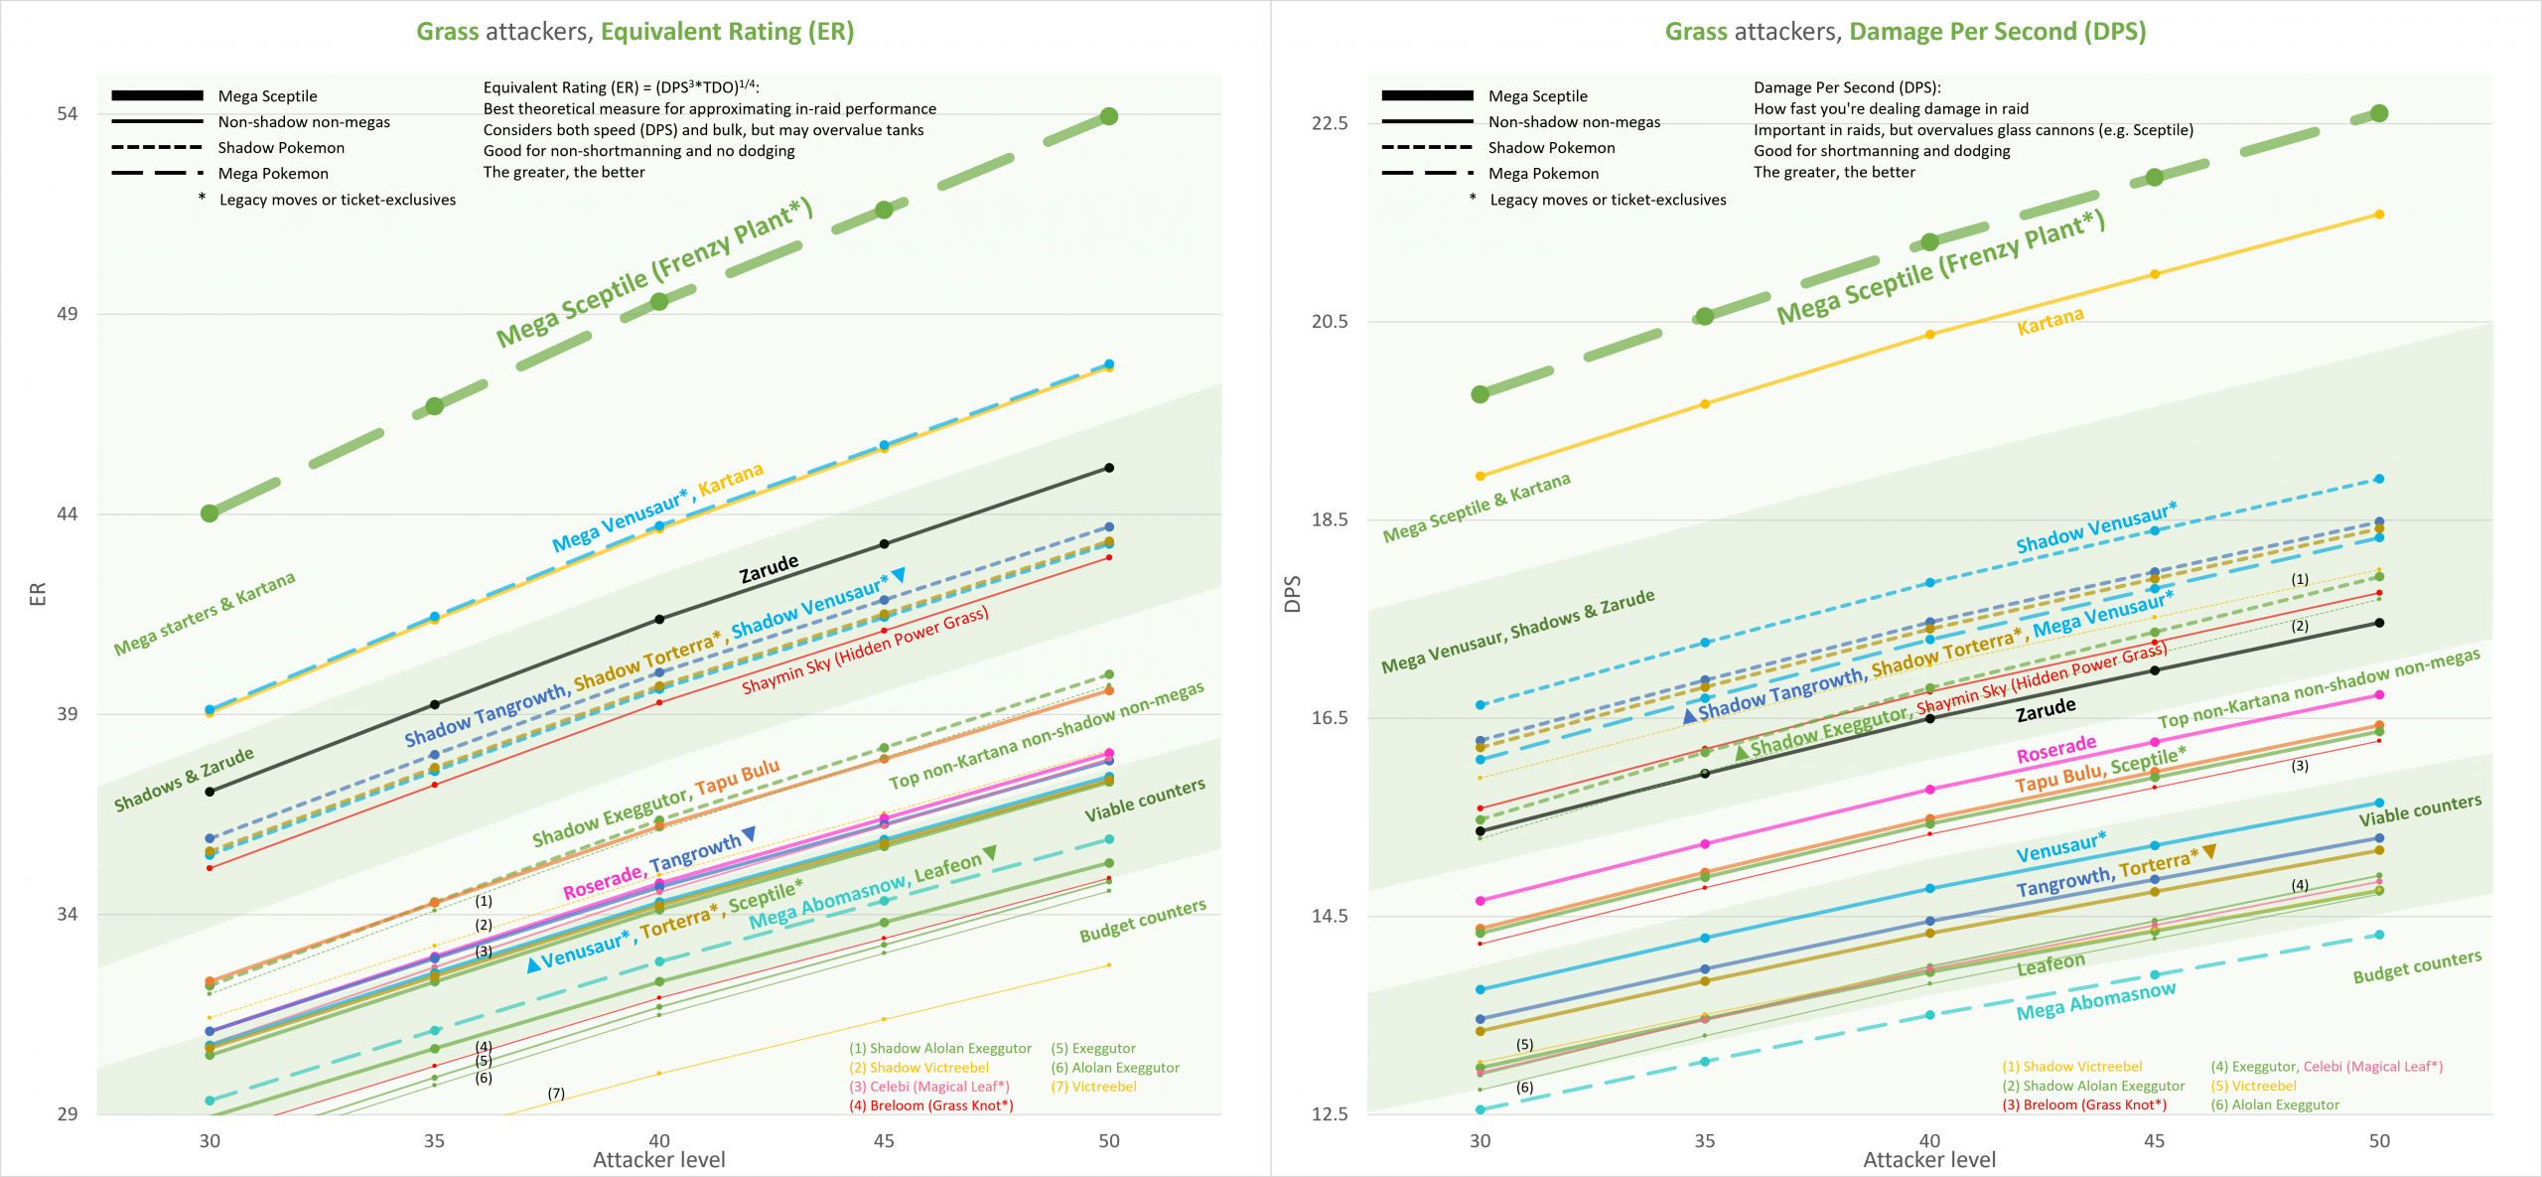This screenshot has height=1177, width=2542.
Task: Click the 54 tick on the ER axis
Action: (x=67, y=114)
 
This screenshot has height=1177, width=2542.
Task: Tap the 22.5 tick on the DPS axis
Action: (x=1330, y=123)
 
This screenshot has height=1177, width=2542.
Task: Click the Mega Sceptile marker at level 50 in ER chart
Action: (x=1109, y=116)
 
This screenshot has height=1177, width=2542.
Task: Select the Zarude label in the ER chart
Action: (x=769, y=569)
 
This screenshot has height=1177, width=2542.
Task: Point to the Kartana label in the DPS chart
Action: (x=2049, y=321)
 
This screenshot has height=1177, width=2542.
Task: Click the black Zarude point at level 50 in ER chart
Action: (x=1109, y=468)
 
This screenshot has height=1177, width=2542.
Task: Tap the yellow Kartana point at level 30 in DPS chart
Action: (x=1481, y=477)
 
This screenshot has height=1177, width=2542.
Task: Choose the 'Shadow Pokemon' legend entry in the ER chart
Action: (x=281, y=148)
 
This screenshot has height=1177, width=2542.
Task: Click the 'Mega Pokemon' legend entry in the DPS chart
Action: (x=1543, y=174)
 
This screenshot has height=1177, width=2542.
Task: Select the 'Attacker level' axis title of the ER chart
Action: (x=658, y=1160)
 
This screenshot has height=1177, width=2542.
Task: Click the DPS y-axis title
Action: (x=1292, y=594)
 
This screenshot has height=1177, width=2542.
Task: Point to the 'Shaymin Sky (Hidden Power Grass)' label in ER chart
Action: (x=865, y=651)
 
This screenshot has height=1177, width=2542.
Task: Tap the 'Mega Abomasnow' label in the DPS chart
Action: (x=2095, y=1000)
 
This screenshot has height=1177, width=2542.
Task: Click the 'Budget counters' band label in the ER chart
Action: (x=1143, y=921)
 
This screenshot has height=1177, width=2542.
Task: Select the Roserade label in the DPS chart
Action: (x=2055, y=749)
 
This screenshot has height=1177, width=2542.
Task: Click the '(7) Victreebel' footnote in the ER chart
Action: (x=1093, y=1087)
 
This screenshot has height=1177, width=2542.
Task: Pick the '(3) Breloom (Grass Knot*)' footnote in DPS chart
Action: (x=2084, y=1105)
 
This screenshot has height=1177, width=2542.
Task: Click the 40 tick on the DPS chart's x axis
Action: (x=1929, y=1141)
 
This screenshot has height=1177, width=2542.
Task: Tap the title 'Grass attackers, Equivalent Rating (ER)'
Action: (x=635, y=32)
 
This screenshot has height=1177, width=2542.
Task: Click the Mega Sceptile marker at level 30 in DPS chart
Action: (x=1481, y=394)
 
